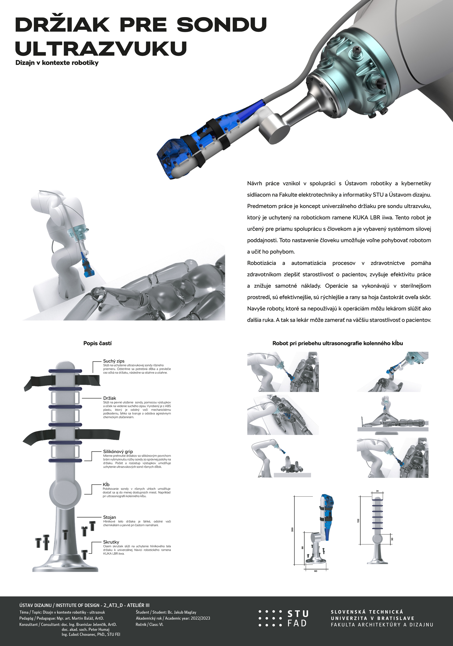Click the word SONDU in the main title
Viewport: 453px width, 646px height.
point(222,25)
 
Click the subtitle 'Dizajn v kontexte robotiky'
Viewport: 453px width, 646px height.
point(57,63)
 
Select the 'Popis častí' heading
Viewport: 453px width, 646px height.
point(97,343)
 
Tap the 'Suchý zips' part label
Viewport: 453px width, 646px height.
point(114,361)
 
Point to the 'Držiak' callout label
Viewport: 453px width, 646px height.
point(110,398)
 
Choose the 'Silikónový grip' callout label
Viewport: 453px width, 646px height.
point(118,451)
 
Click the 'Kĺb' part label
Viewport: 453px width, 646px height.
point(106,484)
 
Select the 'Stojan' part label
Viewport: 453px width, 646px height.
point(109,517)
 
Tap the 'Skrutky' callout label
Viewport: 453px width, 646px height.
point(111,542)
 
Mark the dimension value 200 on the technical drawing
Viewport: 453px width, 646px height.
point(292,529)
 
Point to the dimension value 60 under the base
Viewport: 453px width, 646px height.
point(316,571)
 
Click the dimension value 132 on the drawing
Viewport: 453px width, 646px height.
point(358,520)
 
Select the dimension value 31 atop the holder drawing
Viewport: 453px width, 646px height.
point(377,491)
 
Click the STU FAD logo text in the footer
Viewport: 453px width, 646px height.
point(298,618)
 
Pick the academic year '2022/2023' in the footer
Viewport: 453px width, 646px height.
point(200,618)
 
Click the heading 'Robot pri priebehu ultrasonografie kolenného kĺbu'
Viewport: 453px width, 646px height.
point(338,343)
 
